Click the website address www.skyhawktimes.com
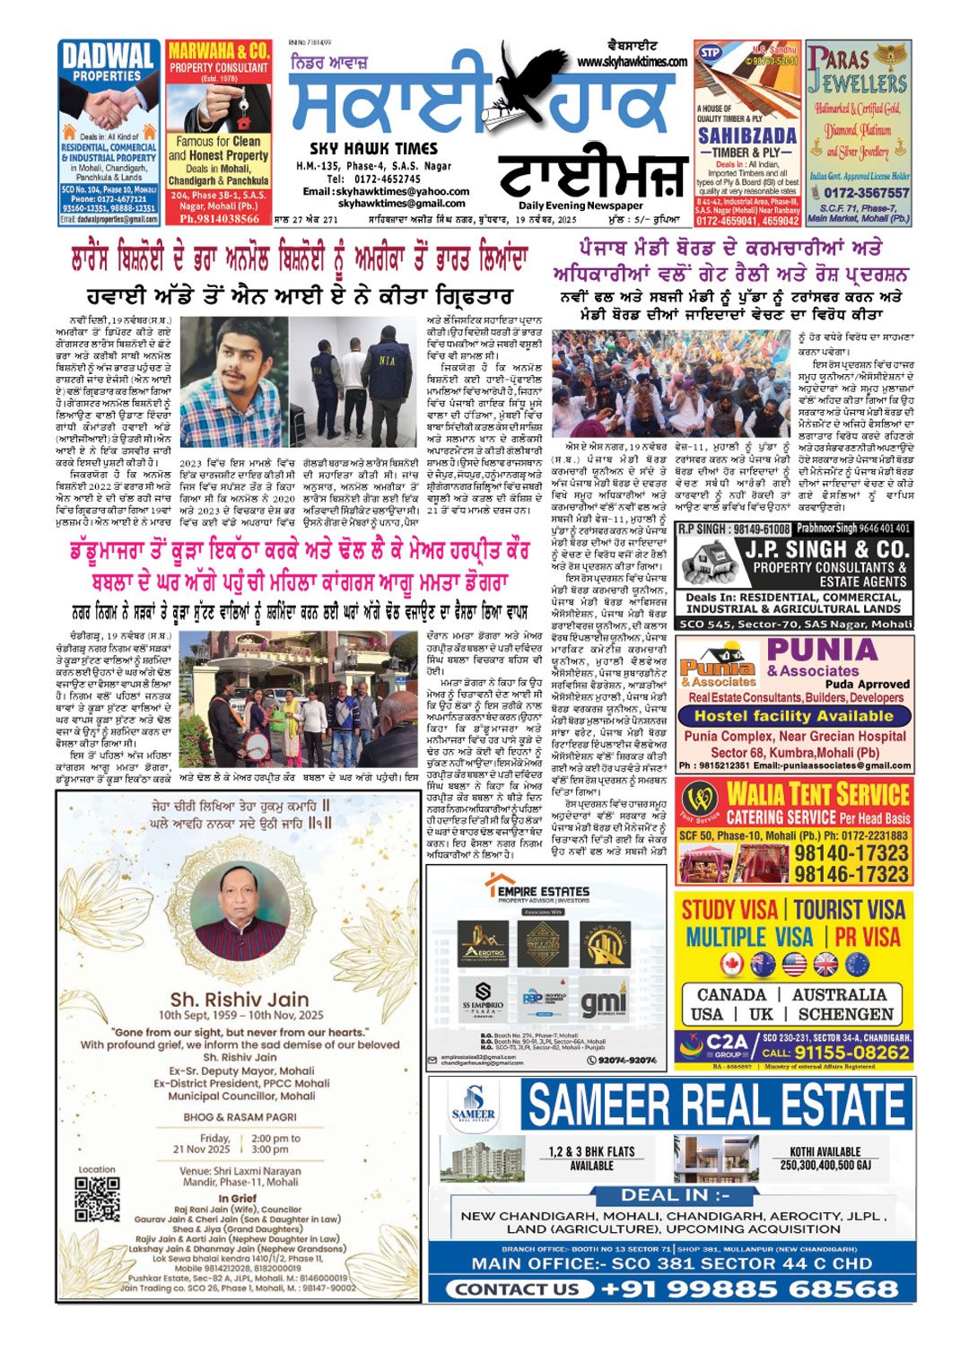pos(633,62)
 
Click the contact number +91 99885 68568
pos(749,1289)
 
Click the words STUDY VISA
pos(729,910)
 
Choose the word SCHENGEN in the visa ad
pos(845,1014)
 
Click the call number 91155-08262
pos(851,1053)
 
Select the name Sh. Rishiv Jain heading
pos(239,999)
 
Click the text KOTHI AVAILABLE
pos(825,1151)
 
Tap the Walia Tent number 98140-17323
pos(851,852)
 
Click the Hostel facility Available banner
pos(793,716)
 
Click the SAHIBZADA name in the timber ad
pos(747,135)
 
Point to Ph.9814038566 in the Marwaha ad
pos(219,218)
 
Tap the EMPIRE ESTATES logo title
pos(544,891)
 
